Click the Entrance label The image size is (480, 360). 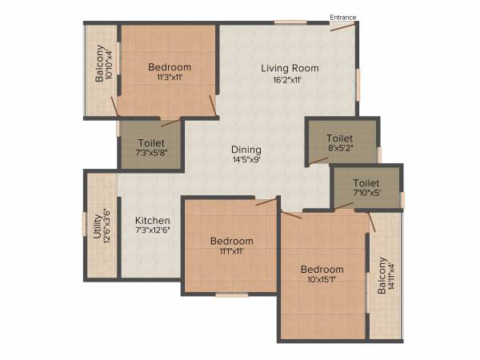click(x=343, y=17)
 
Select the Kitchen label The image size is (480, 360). click(x=152, y=220)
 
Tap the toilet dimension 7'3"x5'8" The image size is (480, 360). click(x=150, y=153)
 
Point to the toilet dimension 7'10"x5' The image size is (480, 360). click(x=366, y=193)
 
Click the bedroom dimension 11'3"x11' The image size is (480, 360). click(x=169, y=78)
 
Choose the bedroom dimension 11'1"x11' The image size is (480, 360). click(x=231, y=251)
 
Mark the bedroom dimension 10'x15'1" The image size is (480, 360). click(x=322, y=280)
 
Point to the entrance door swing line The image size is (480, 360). click(x=343, y=26)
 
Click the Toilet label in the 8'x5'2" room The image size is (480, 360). click(x=339, y=138)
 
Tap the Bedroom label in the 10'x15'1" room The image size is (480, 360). click(x=322, y=270)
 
